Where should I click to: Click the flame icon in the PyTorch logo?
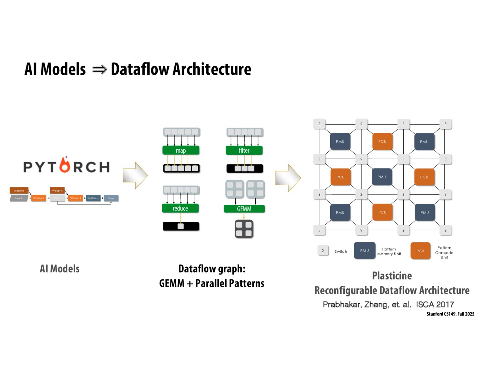(x=65, y=165)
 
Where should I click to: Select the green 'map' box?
(x=181, y=150)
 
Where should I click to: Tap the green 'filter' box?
(x=244, y=150)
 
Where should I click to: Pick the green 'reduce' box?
(x=180, y=208)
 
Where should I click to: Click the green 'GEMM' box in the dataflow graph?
(x=244, y=209)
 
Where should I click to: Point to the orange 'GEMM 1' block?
(x=39, y=198)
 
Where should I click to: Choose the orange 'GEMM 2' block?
(x=75, y=198)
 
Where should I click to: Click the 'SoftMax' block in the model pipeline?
(x=93, y=198)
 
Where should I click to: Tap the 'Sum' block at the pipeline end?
(x=111, y=198)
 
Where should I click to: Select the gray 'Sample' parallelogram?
(x=19, y=198)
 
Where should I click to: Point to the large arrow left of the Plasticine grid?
(x=288, y=178)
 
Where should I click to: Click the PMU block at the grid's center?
(x=382, y=177)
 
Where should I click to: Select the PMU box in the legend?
(x=365, y=251)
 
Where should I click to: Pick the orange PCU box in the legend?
(x=420, y=251)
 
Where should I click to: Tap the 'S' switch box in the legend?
(x=323, y=250)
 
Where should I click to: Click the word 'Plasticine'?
(x=392, y=276)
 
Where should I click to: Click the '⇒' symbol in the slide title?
(x=100, y=70)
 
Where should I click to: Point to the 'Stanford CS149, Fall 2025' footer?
(x=450, y=314)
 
